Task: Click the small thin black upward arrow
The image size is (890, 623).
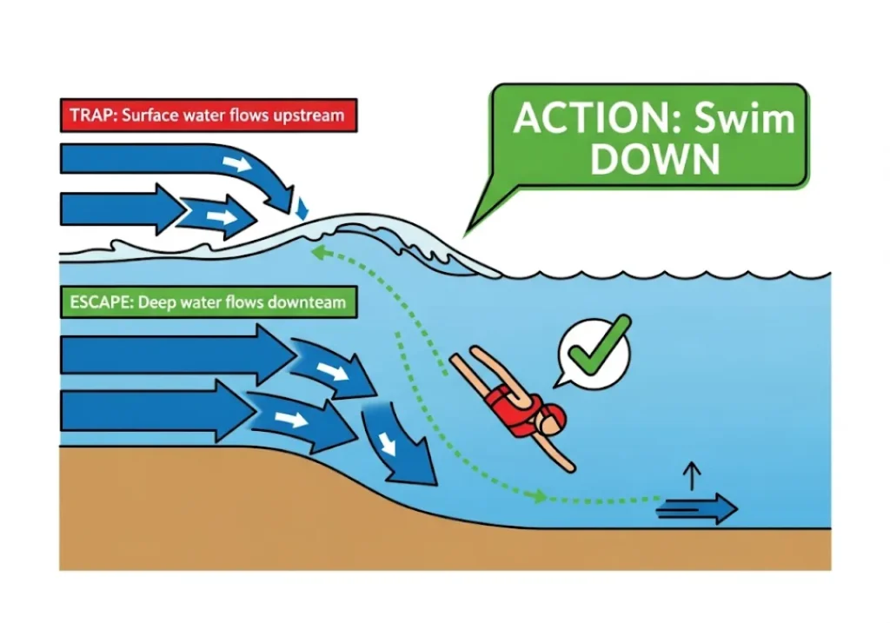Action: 693,476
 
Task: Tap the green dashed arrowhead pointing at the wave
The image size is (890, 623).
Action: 317,252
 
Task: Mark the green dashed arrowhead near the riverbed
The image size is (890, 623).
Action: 540,497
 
